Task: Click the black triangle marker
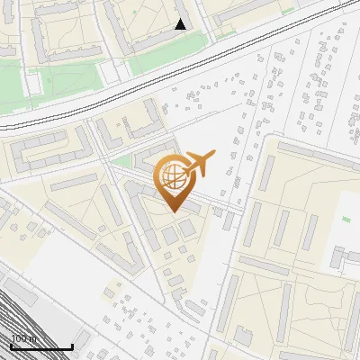pyautogui.click(x=181, y=24)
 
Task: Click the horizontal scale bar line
pyautogui.click(x=41, y=346)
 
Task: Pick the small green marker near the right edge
pyautogui.click(x=346, y=219)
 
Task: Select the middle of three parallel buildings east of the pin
pyautogui.click(x=281, y=229)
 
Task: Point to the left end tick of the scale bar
pyautogui.click(x=11, y=345)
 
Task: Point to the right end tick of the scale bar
pyautogui.click(x=72, y=345)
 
